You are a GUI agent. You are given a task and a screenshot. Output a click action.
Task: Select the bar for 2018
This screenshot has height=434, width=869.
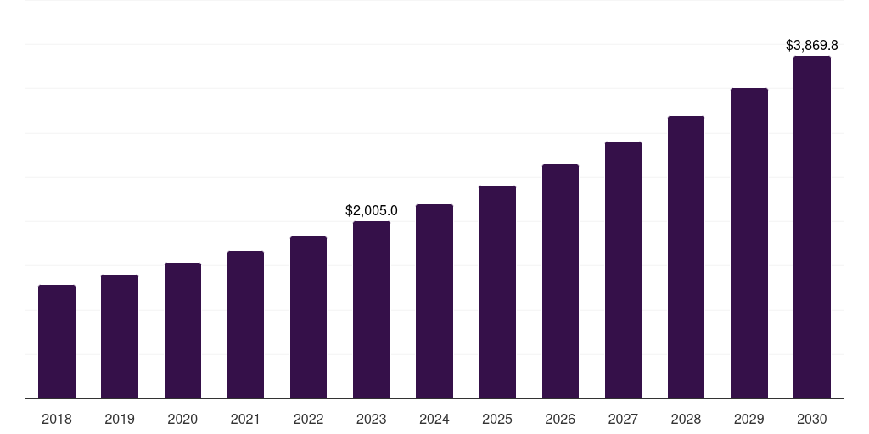pyautogui.click(x=57, y=342)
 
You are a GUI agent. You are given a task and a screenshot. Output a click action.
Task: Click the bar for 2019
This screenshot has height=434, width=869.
pyautogui.click(x=120, y=337)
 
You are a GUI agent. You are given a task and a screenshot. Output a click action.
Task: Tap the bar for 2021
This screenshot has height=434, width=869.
pyautogui.click(x=245, y=325)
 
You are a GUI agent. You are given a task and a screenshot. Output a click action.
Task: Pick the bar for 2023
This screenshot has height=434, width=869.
pyautogui.click(x=372, y=309)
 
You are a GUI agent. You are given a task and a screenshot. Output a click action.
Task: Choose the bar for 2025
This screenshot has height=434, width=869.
pyautogui.click(x=497, y=292)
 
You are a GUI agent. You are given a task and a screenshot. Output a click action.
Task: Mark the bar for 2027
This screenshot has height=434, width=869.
pyautogui.click(x=623, y=270)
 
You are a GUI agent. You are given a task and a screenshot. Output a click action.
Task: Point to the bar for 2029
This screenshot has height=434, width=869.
pyautogui.click(x=749, y=243)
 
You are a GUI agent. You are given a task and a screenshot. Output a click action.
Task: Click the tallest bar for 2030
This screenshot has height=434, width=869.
pyautogui.click(x=812, y=227)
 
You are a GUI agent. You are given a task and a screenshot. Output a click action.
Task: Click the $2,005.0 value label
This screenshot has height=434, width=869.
pyautogui.click(x=372, y=210)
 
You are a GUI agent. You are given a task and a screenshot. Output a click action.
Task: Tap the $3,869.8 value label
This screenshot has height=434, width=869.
pyautogui.click(x=812, y=45)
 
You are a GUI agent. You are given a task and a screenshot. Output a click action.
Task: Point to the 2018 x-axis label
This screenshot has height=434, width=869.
pyautogui.click(x=57, y=419)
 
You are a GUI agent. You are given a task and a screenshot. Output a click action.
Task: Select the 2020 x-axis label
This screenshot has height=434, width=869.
pyautogui.click(x=182, y=419)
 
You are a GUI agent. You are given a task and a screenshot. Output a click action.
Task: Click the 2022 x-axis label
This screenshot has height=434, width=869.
pyautogui.click(x=308, y=419)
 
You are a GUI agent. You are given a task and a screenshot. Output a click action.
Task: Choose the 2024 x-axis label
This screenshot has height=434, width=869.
pyautogui.click(x=434, y=419)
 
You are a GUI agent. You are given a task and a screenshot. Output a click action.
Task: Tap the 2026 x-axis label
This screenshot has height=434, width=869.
pyautogui.click(x=560, y=419)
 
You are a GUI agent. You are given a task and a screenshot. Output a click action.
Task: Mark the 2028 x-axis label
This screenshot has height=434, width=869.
pyautogui.click(x=686, y=419)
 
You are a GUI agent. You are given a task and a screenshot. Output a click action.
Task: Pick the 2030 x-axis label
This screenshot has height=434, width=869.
pyautogui.click(x=812, y=419)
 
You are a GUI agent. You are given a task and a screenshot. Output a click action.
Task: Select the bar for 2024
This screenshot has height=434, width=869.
pyautogui.click(x=434, y=301)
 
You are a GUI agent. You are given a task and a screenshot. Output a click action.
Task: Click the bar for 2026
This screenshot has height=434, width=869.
pyautogui.click(x=560, y=281)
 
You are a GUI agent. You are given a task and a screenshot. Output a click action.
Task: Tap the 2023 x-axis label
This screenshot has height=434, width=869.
pyautogui.click(x=372, y=419)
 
